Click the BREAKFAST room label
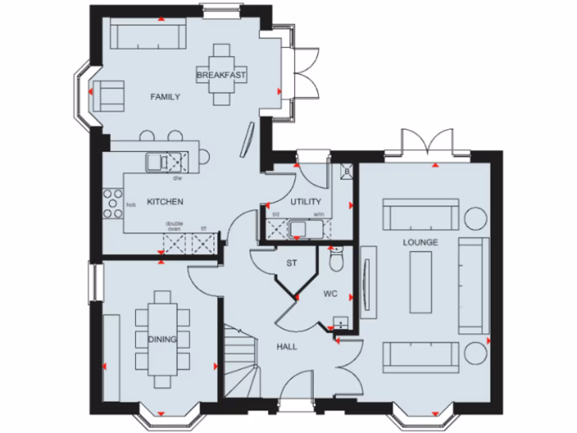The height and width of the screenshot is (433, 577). coord(221,74)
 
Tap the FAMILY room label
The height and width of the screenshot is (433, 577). coord(165,97)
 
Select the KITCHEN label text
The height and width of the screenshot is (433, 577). coord(165,201)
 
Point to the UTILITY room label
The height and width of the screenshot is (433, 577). coord(305,201)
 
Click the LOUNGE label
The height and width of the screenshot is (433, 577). coord(420,242)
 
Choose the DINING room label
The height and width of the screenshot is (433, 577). coord(162,339)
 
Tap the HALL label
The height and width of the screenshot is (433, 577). coord(286,347)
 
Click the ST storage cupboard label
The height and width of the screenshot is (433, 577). coord(291,263)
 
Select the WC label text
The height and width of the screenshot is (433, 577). coord(330,294)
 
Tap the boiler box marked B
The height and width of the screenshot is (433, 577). coord(347,171)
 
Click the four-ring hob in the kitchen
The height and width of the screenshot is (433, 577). coord(113,204)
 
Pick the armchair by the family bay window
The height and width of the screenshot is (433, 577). coord(108,95)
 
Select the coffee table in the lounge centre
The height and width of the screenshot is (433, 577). coord(420,282)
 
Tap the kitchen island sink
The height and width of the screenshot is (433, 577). coord(156,162)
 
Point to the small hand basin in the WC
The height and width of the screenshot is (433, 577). coord(341,322)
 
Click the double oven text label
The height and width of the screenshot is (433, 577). coord(174,226)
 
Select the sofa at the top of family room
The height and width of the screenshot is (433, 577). coord(148,36)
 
